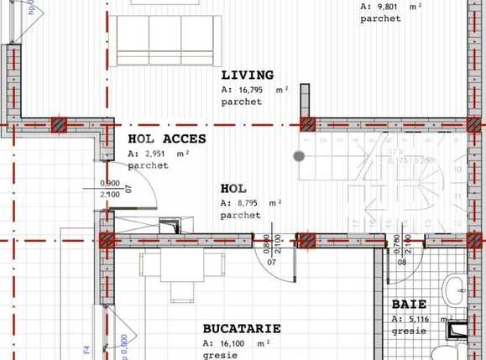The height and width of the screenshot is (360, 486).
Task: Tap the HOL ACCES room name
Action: pyautogui.click(x=167, y=139)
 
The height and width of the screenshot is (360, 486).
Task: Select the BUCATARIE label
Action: pyautogui.click(x=242, y=329)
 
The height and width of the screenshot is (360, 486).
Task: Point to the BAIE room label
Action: pyautogui.click(x=410, y=305)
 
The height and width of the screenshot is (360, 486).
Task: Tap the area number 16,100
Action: pyautogui.click(x=231, y=343)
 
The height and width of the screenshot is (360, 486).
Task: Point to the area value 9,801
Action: pyautogui.click(x=388, y=6)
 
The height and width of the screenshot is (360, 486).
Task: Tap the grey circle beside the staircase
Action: pyautogui.click(x=299, y=155)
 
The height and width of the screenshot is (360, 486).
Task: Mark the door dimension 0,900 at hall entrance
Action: pyautogui.click(x=109, y=184)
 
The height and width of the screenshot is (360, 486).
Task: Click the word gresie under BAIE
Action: pyautogui.click(x=405, y=331)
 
